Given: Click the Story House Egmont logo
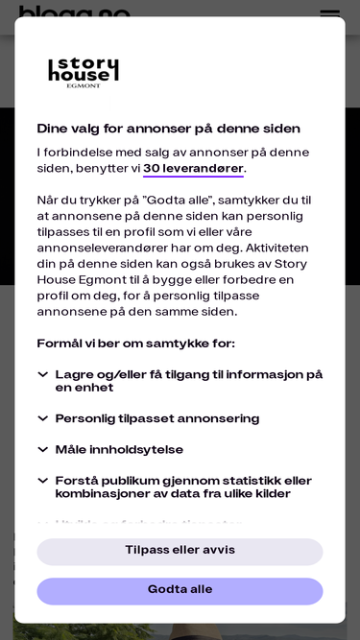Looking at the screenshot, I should pos(84,72).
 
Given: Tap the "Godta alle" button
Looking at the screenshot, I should pos(180,590).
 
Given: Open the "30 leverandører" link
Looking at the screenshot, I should pos(193,169).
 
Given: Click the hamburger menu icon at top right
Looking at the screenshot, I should pos(329,14).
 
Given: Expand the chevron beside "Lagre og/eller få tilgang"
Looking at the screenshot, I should pos(42,375).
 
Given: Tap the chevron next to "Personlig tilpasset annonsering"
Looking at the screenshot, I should pos(42,418).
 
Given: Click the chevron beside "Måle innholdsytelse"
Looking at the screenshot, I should pos(42,450).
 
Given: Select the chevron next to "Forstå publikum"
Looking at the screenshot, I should pos(42,481).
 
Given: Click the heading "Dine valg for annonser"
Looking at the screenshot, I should pos(168,129).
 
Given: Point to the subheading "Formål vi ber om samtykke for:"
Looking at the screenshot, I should pos(135,344).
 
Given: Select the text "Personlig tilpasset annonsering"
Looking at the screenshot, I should pos(157,419).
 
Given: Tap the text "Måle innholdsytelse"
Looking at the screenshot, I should pos(119,450).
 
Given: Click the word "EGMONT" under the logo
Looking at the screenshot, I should pos(84,85).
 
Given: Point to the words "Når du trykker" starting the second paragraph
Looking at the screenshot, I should pos(82,201).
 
